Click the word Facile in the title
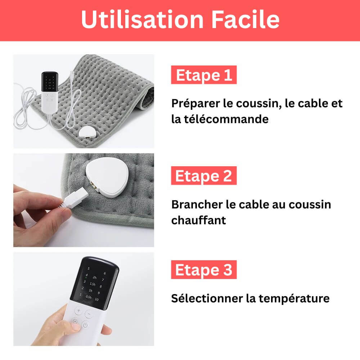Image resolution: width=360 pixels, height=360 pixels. point(245,20)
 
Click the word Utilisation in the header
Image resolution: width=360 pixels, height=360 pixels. point(142,20)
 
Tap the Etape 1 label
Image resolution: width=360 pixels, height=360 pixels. point(204,75)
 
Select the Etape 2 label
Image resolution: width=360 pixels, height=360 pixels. point(204,176)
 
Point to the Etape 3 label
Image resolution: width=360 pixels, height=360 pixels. point(204,270)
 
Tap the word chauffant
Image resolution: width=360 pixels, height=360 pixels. point(199,220)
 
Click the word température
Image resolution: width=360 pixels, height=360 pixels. point(294,299)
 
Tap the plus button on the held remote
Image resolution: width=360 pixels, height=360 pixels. point(78,311)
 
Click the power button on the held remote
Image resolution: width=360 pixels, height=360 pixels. point(85,325)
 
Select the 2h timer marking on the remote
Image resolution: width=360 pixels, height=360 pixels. point(95,278)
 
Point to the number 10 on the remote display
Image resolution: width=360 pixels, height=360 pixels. point(96,300)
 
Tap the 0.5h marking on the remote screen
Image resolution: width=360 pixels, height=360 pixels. point(89,297)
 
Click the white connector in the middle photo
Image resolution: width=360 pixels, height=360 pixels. point(107,177)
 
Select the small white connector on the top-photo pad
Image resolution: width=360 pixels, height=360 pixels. point(87,133)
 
